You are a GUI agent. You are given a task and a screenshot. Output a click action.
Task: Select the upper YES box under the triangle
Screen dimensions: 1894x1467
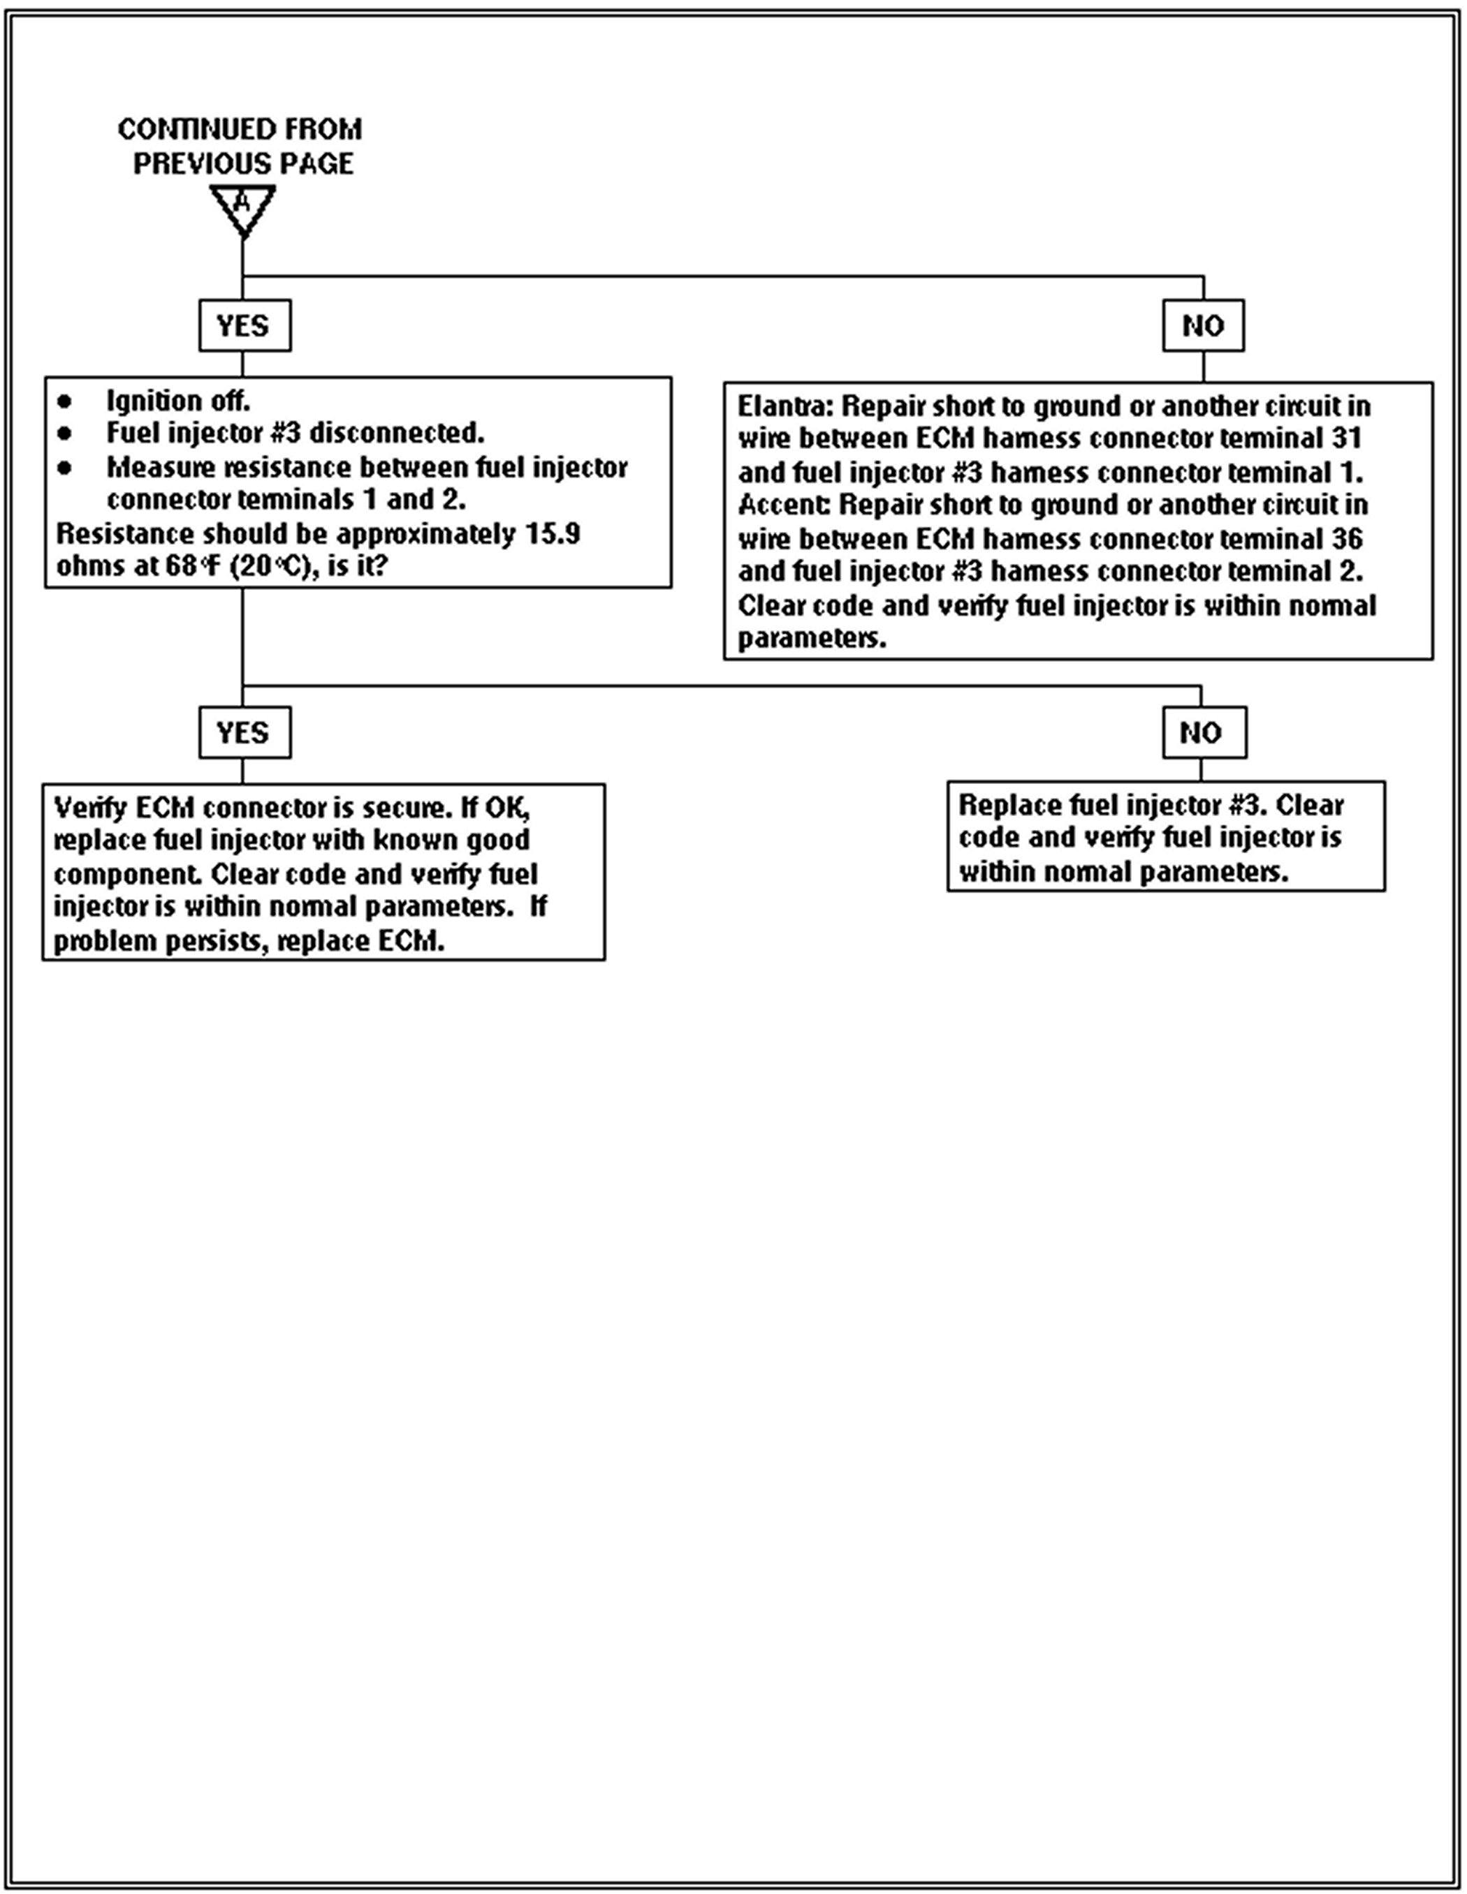pos(245,326)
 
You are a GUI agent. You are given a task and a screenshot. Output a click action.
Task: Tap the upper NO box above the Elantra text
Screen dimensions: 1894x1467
pos(1202,326)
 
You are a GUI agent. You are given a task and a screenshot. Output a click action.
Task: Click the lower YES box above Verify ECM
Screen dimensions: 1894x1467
pos(245,733)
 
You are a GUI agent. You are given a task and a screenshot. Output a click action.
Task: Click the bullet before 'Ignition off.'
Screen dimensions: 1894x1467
pos(65,401)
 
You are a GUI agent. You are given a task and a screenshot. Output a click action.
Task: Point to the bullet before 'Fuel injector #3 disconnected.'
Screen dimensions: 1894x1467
pos(65,433)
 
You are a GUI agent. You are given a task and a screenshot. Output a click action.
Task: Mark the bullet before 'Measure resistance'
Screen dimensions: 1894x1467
pos(65,468)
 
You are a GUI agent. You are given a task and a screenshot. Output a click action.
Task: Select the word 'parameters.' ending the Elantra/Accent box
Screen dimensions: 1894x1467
pos(812,639)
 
